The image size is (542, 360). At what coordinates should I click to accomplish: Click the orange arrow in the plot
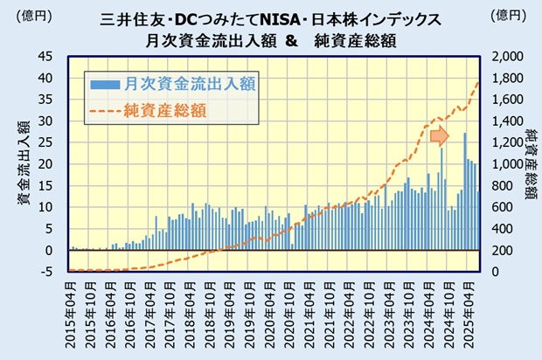pyautogui.click(x=440, y=135)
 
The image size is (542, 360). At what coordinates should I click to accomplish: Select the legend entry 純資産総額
pyautogui.click(x=165, y=109)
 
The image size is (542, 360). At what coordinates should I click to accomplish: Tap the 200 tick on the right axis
pyautogui.click(x=512, y=250)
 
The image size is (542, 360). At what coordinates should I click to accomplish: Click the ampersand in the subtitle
pyautogui.click(x=289, y=39)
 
